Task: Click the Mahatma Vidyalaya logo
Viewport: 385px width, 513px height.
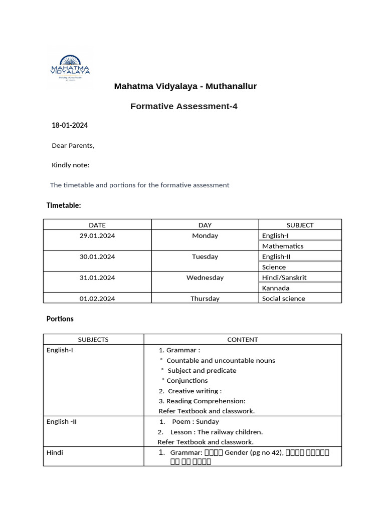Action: point(70,67)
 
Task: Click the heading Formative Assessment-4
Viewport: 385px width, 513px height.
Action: point(183,106)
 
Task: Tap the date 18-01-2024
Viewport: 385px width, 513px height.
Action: point(70,125)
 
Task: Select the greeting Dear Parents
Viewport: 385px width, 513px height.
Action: point(73,146)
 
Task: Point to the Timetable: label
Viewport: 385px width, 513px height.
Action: point(64,205)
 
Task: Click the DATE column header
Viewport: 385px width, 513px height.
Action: point(97,225)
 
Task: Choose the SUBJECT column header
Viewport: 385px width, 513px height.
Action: point(300,225)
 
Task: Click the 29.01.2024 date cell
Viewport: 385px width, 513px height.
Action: point(97,235)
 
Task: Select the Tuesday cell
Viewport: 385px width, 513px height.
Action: point(205,256)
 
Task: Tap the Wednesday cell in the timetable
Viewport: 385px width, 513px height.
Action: point(205,278)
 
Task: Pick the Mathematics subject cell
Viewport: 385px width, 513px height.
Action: point(283,246)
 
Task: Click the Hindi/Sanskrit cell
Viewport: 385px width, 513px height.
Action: point(284,278)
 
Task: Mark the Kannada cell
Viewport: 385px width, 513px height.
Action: point(276,288)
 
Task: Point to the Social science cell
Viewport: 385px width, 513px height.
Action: point(283,299)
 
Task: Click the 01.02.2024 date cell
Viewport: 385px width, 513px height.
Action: point(97,299)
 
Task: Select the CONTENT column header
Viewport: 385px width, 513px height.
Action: point(243,340)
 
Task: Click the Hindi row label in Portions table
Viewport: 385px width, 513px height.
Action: point(55,452)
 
